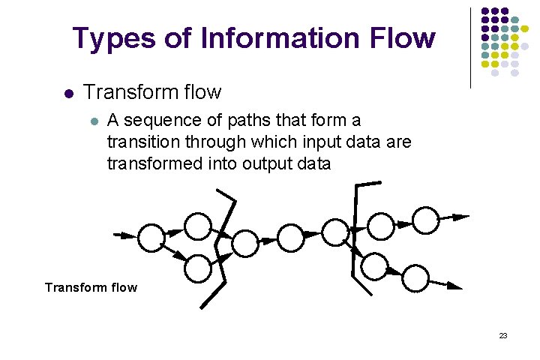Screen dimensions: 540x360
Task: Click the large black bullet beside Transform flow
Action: [x=67, y=94]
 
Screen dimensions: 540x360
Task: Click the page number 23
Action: [x=503, y=335]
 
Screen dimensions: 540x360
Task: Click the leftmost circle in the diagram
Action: [x=151, y=237]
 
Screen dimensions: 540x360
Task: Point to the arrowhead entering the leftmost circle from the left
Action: [x=129, y=235]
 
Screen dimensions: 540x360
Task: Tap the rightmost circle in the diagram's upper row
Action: [x=425, y=219]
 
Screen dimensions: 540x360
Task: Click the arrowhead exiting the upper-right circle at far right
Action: [x=460, y=217]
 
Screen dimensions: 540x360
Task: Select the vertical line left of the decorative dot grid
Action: [x=470, y=46]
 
